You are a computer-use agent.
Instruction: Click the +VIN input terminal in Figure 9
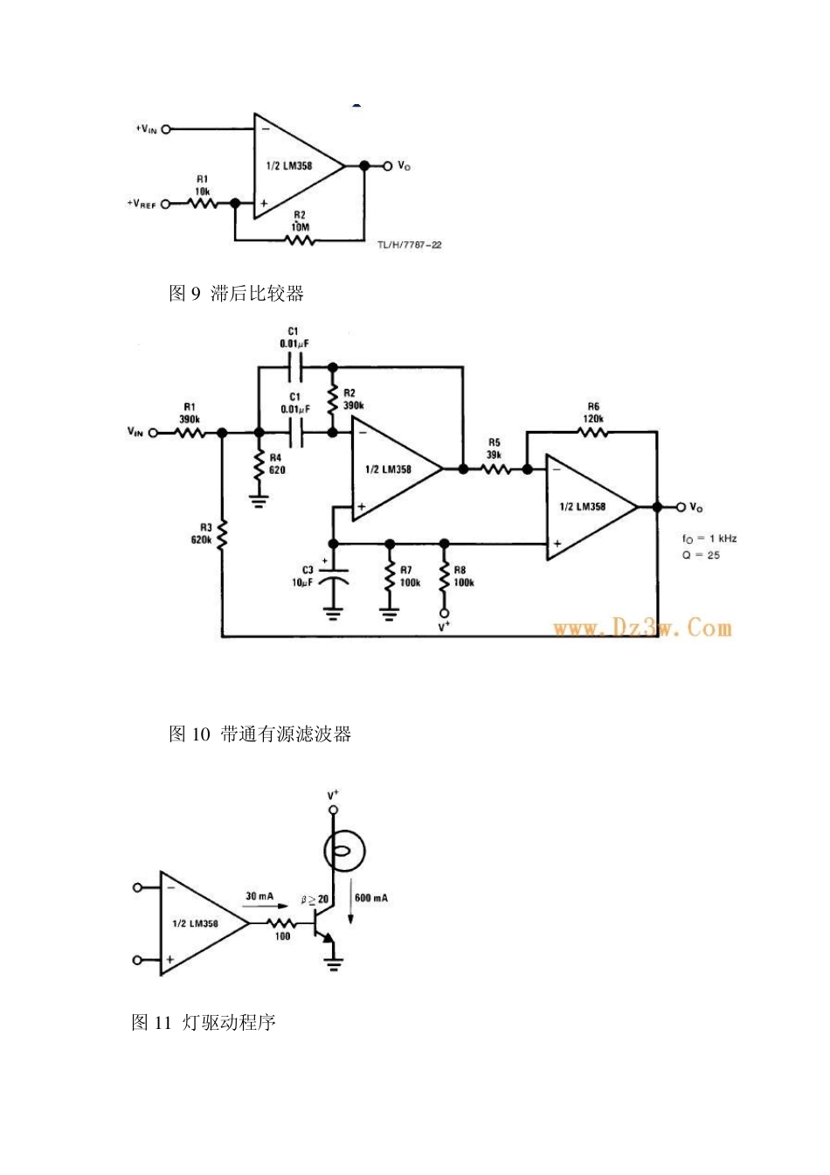click(166, 129)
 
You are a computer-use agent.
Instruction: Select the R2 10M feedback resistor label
click(299, 220)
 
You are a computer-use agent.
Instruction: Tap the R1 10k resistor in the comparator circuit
click(202, 204)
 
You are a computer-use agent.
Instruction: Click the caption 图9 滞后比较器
click(236, 294)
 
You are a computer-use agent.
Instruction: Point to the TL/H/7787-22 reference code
click(409, 245)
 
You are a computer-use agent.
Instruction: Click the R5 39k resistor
click(495, 469)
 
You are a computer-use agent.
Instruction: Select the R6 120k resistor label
click(593, 413)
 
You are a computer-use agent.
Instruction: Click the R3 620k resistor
click(222, 534)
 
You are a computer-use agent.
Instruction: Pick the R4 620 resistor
click(259, 464)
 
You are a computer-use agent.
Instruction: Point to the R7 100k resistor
click(389, 576)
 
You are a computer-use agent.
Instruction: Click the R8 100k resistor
click(444, 576)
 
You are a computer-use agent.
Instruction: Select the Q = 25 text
click(701, 555)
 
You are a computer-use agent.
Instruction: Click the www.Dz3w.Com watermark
click(641, 628)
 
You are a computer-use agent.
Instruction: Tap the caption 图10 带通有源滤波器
click(259, 734)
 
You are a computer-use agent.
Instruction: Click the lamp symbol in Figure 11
click(344, 852)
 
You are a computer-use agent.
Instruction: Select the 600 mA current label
click(371, 898)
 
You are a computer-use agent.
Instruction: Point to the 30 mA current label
click(259, 896)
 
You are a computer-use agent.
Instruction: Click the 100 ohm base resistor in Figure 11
click(281, 923)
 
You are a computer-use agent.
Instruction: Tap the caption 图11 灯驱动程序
click(204, 1022)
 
